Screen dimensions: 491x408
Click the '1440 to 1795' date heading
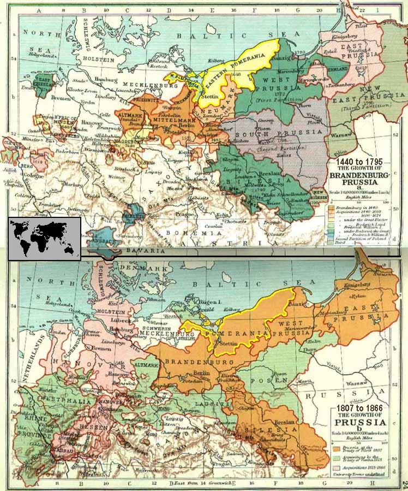point(359,162)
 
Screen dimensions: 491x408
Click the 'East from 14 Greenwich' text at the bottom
point(201,484)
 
